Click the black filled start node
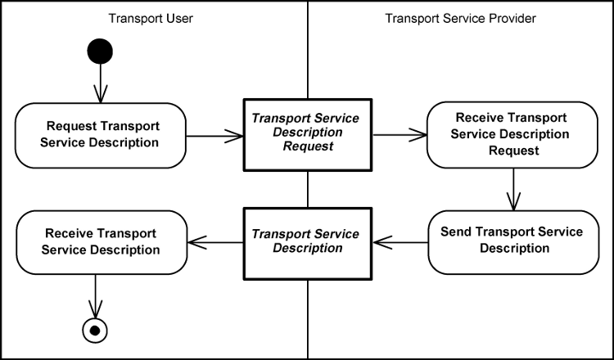[x=99, y=51]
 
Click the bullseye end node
[x=97, y=330]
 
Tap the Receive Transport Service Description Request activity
[x=512, y=134]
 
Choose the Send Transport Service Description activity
[x=512, y=240]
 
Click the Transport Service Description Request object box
[x=305, y=134]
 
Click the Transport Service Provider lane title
[x=460, y=18]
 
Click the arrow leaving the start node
[x=99, y=83]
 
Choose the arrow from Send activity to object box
[x=401, y=242]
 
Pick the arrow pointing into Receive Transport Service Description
[x=214, y=242]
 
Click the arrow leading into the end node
[x=97, y=295]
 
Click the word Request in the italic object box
[x=305, y=147]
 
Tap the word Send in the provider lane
[x=455, y=232]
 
